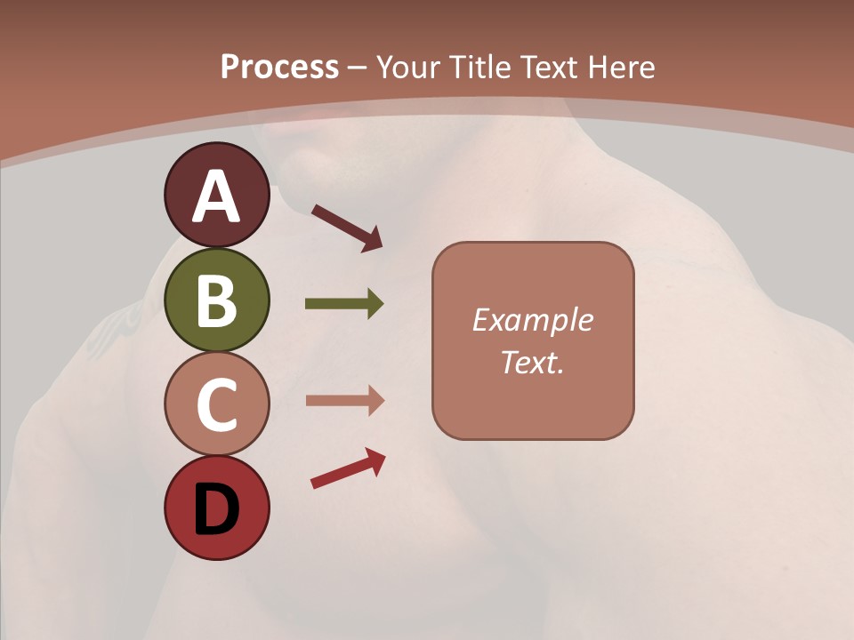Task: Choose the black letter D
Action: (x=216, y=508)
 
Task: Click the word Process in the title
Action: (x=279, y=67)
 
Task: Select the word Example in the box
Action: (x=532, y=320)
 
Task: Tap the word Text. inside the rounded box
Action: (x=532, y=362)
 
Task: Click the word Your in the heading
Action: (x=408, y=67)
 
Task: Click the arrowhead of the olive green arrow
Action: (x=375, y=304)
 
